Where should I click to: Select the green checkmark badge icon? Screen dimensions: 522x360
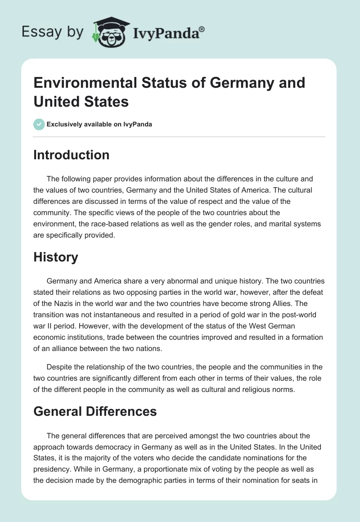[x=39, y=124]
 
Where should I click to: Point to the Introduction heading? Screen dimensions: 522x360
[x=72, y=155]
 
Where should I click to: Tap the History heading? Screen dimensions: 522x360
[x=56, y=257]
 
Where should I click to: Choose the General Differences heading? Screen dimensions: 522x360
[x=95, y=411]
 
